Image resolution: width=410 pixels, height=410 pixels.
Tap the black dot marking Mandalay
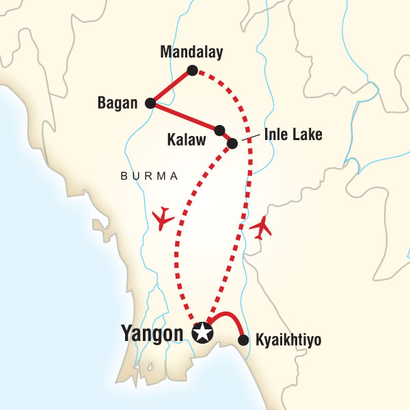point(193,70)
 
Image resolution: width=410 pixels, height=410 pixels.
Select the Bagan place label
point(118,104)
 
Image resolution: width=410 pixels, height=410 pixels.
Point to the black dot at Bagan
point(150,104)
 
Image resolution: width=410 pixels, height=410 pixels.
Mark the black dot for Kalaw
point(219,130)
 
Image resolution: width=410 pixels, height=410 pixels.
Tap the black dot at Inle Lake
point(232,143)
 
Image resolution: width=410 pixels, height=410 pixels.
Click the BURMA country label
point(148,176)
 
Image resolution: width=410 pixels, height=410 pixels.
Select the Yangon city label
point(153,333)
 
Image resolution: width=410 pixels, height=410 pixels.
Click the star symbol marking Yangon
point(203,333)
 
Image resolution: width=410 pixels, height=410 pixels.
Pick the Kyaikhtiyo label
point(287,339)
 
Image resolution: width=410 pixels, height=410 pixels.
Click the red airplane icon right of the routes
point(262,228)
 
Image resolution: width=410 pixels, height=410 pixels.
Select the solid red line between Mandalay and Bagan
point(171,87)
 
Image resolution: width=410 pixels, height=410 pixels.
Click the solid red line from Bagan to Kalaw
point(184,117)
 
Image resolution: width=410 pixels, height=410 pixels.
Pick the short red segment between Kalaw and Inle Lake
point(225,137)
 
